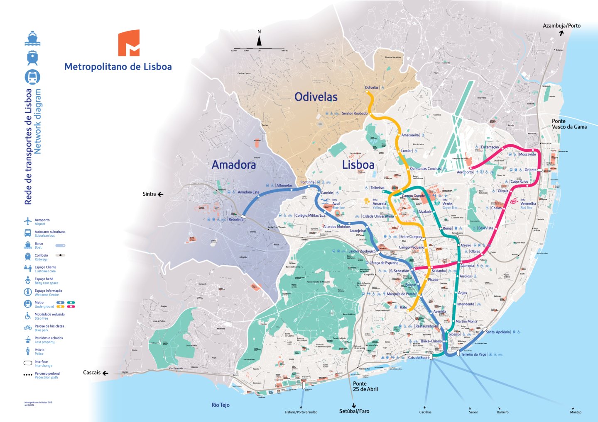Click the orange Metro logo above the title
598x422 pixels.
129,43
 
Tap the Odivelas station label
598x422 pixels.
371,87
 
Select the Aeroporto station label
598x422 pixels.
465,172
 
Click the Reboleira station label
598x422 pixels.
236,219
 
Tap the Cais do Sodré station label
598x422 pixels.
419,357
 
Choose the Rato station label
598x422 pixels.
403,307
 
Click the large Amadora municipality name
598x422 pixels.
234,165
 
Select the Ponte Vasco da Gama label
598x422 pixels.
569,124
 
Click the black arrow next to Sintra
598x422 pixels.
160,194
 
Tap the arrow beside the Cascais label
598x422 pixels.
105,373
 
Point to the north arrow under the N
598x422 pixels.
259,41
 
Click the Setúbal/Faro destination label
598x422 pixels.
354,411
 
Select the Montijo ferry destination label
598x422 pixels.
576,412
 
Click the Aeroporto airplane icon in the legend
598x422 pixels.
28,221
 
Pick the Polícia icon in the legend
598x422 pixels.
28,352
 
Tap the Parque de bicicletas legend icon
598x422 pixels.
28,327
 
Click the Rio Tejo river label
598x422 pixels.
220,405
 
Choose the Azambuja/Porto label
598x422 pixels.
561,26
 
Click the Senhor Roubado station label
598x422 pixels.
354,113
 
